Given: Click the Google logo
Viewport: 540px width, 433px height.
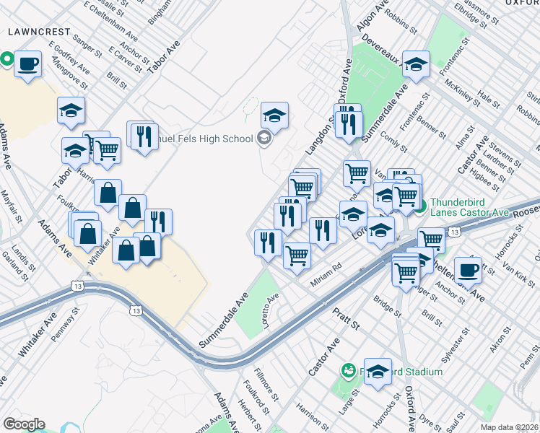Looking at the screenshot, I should tap(24, 424).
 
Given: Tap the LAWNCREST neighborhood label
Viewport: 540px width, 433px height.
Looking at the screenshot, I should tap(39, 32).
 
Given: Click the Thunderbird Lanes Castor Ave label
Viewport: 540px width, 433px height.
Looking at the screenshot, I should tap(470, 208).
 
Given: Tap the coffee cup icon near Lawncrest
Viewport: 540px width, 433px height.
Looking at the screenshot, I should tap(28, 64).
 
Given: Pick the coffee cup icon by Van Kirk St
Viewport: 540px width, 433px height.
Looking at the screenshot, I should tap(468, 269).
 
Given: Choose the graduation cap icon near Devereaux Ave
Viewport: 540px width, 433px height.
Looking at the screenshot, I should tap(416, 64).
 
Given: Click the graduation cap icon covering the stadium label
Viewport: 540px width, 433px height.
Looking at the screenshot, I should tap(378, 371).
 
